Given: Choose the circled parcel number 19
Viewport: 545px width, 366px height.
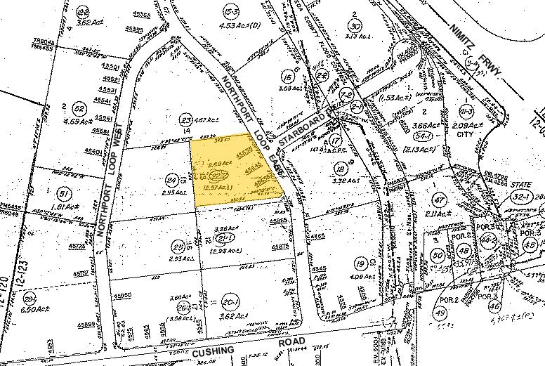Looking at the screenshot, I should (x=360, y=263).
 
